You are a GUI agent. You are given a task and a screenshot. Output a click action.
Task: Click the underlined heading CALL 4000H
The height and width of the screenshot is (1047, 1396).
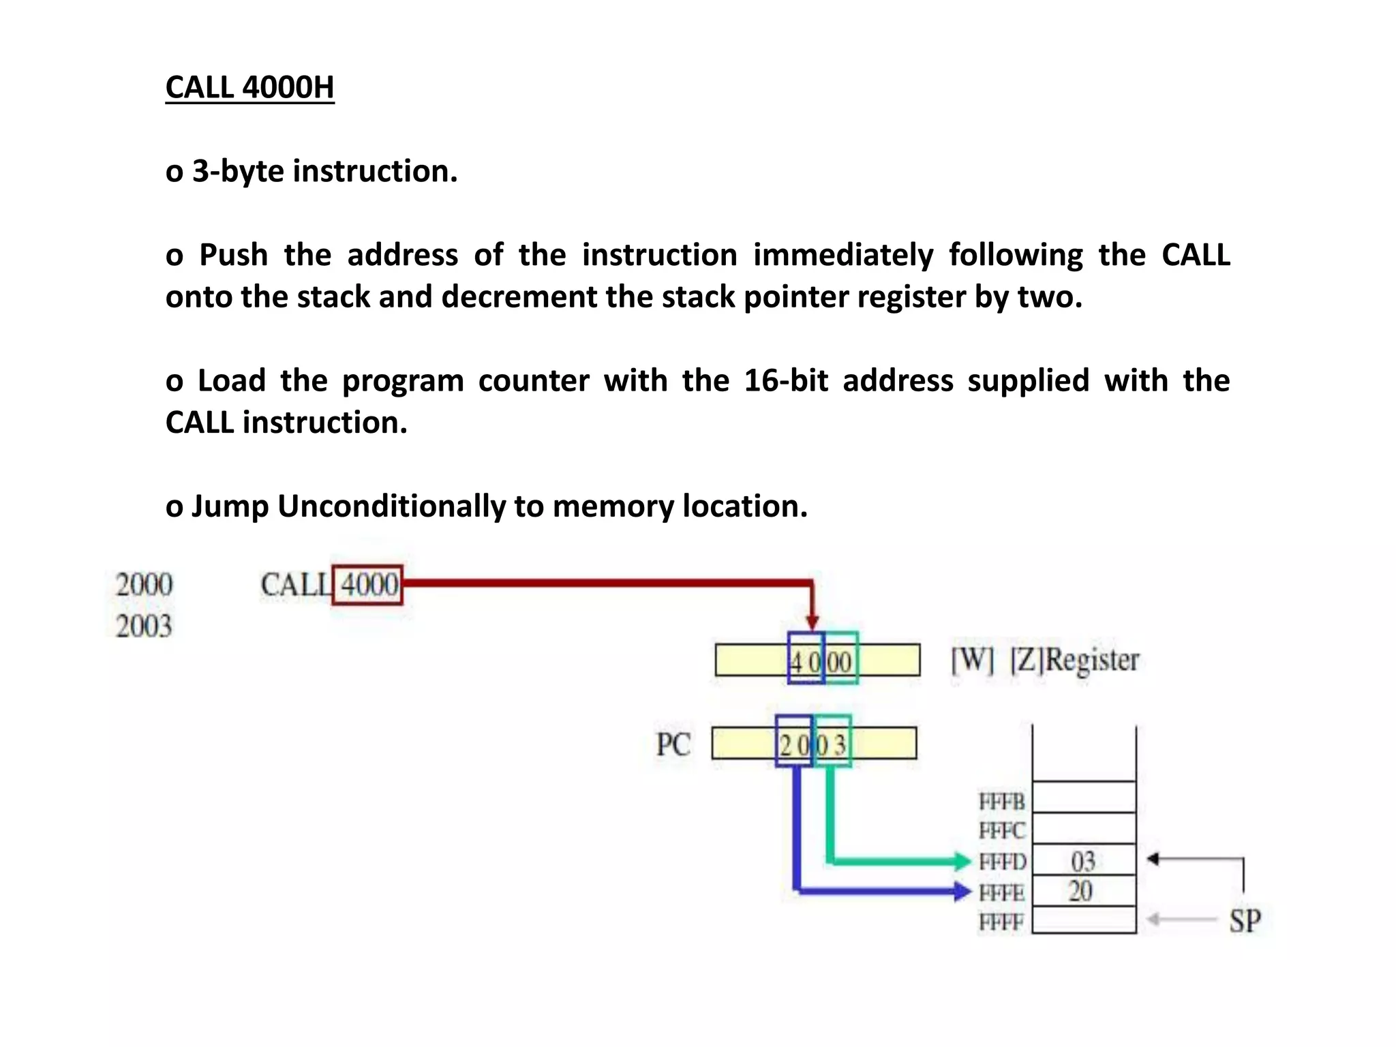(x=249, y=88)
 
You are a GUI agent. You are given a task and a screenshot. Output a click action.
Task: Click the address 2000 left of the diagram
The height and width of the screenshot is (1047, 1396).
(x=144, y=585)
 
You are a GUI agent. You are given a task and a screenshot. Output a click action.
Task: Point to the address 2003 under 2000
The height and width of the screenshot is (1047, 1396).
(x=144, y=626)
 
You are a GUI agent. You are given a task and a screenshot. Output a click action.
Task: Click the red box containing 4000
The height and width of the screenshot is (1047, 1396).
(x=367, y=585)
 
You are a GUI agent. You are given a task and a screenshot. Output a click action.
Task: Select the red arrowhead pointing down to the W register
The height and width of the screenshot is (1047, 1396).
(x=812, y=622)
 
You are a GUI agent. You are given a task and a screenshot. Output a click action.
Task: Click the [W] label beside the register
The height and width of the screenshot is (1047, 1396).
(x=972, y=660)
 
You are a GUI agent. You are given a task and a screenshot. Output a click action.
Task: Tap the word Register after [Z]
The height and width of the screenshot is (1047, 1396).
(x=1092, y=660)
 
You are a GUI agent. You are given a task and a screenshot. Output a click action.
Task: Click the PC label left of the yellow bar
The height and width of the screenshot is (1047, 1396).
(x=673, y=744)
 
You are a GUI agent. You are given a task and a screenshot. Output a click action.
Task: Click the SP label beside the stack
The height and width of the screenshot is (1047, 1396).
(x=1245, y=921)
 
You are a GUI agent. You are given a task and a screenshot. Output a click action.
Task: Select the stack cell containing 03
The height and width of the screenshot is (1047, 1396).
(x=1084, y=861)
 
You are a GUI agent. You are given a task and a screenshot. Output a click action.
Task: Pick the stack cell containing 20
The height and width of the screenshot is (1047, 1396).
(x=1084, y=891)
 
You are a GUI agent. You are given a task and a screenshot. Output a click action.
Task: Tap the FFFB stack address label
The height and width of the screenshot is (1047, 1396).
(x=1001, y=802)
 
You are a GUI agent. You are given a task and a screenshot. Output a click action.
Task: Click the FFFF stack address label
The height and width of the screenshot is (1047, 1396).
(x=1001, y=922)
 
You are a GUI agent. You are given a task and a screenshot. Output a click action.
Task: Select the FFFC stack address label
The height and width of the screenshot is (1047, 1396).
(x=1001, y=831)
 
